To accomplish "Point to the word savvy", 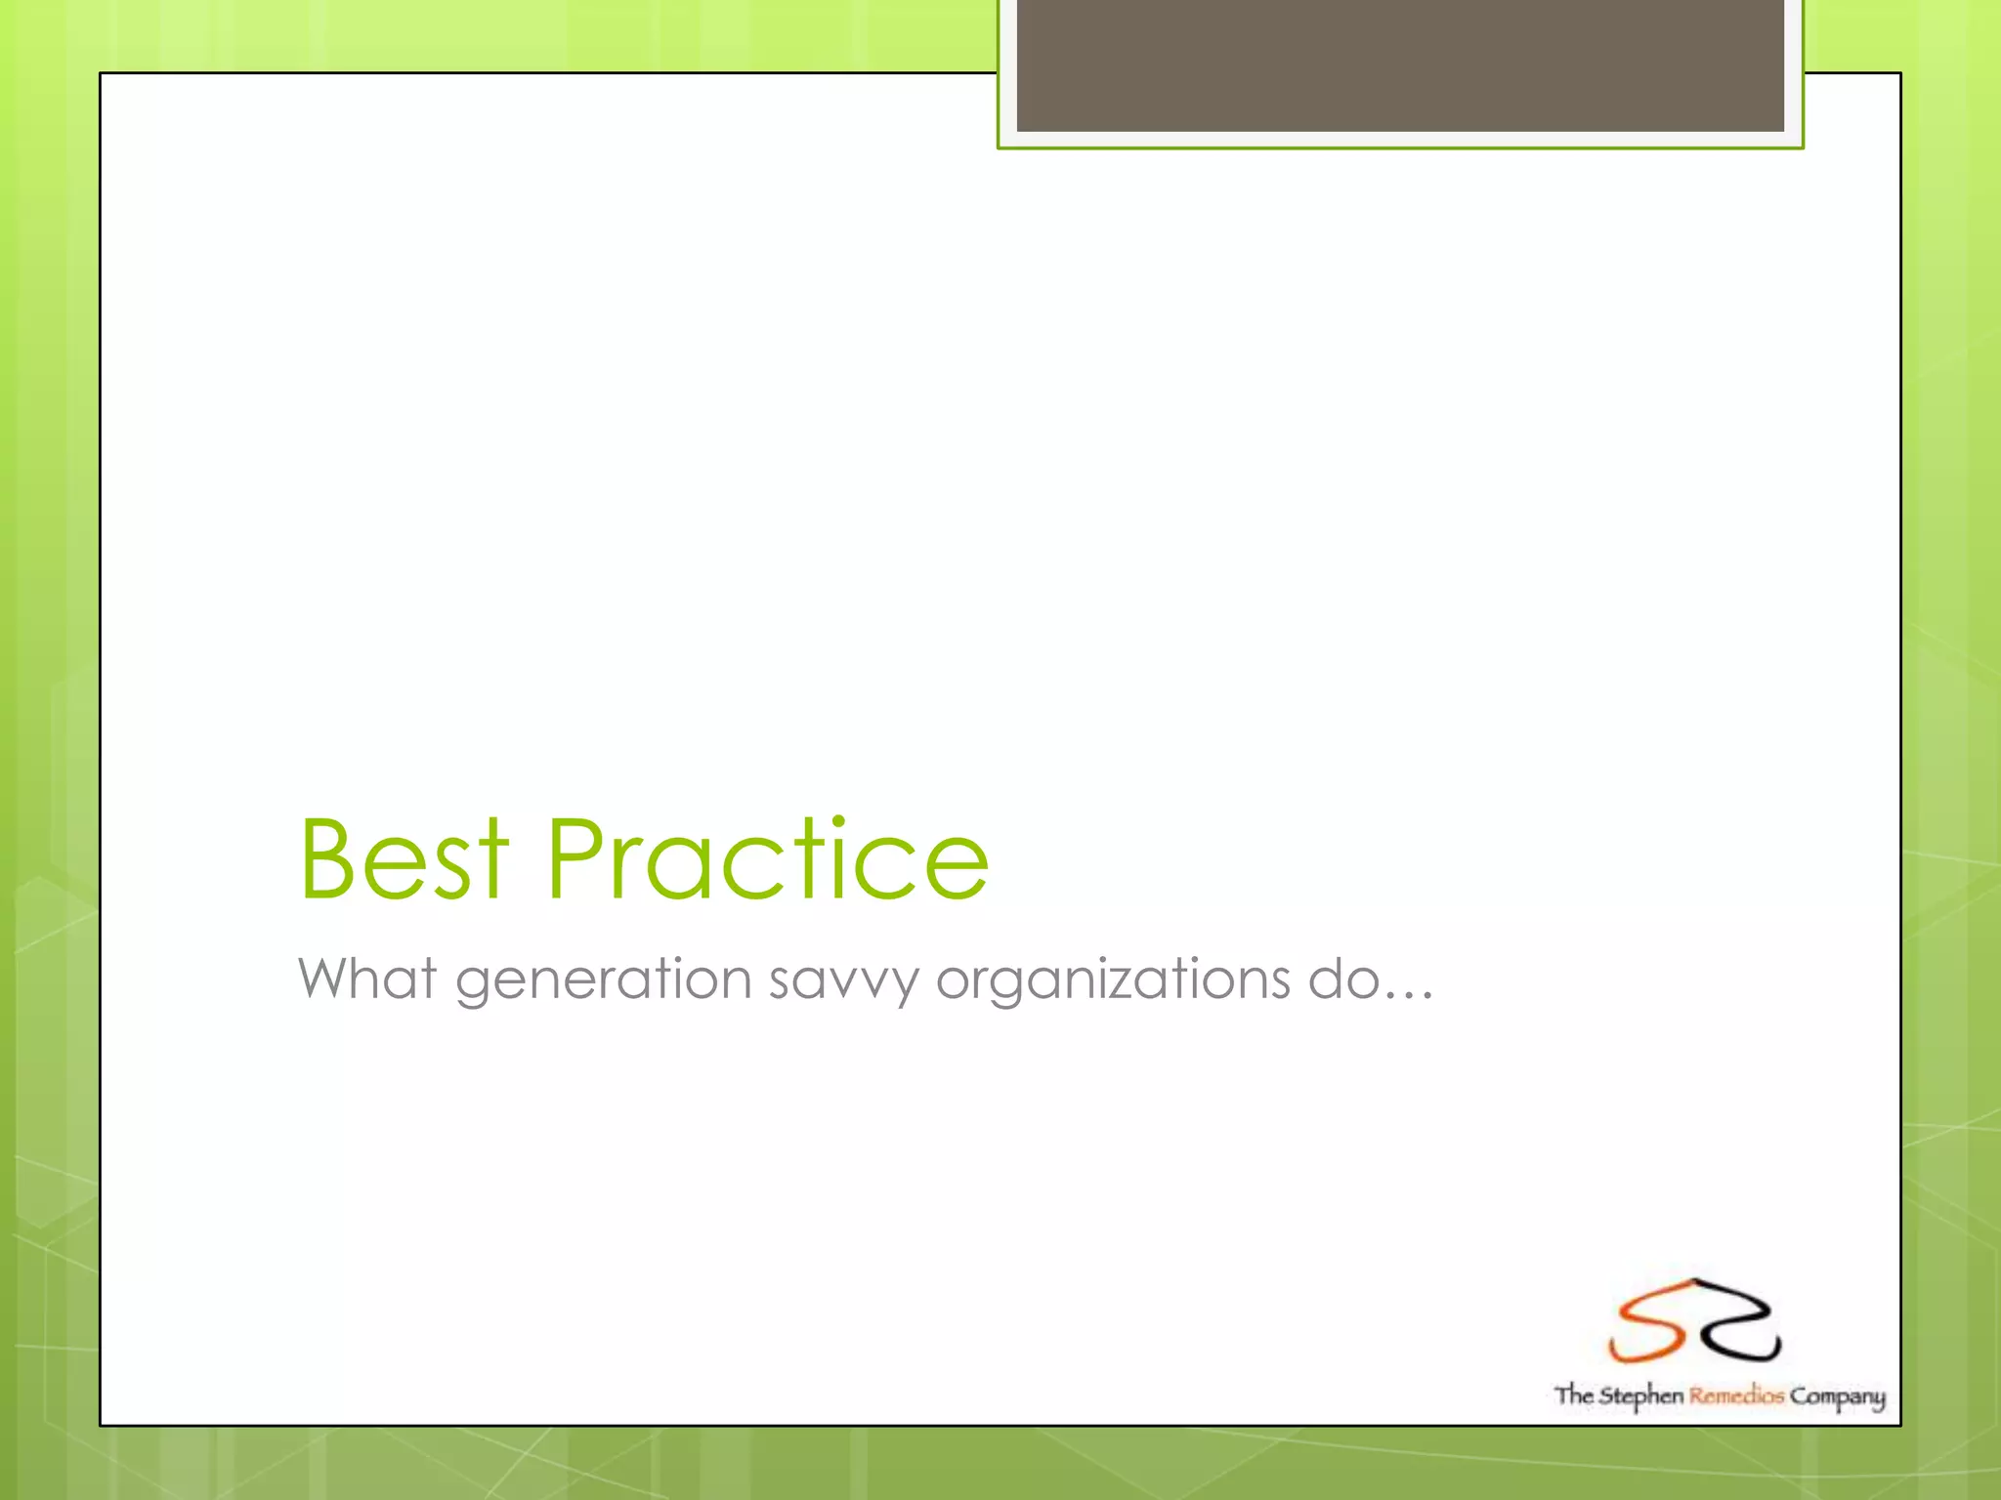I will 843,979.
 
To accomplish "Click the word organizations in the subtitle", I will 1113,979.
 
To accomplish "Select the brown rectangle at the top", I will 1400,64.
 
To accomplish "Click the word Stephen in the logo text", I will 1640,1396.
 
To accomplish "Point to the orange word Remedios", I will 1736,1396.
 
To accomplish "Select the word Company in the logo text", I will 1837,1396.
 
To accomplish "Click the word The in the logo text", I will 1573,1395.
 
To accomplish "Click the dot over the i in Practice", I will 838,822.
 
